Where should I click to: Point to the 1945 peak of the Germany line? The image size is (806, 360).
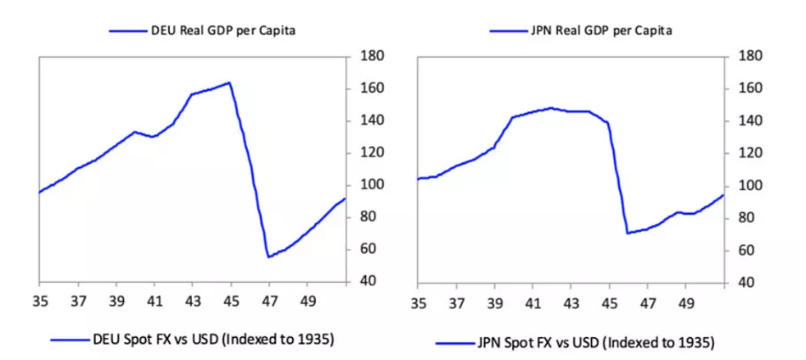point(229,82)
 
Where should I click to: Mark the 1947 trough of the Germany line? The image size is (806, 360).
point(268,257)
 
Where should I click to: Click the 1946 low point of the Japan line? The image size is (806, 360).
point(627,233)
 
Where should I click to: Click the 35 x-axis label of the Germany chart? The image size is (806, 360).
point(39,301)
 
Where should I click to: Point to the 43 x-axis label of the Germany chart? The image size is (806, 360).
point(192,301)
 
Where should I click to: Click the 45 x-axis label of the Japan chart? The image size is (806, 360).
point(609,303)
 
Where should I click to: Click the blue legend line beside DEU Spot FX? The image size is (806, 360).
point(70,339)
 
